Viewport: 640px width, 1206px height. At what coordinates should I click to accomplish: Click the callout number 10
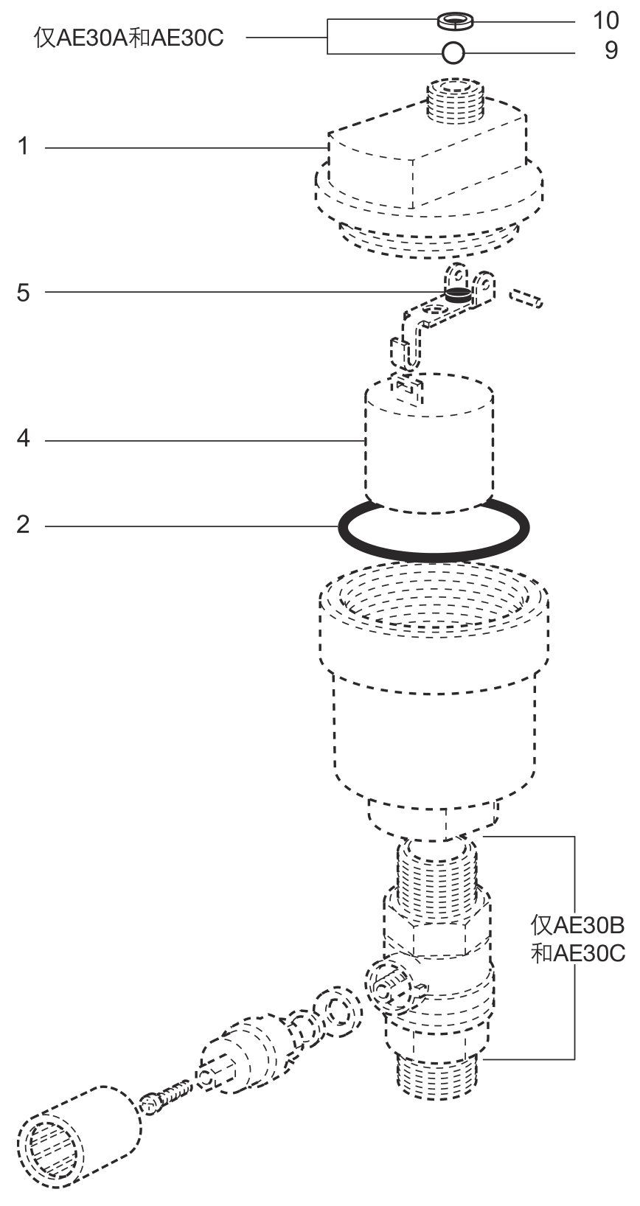click(x=605, y=21)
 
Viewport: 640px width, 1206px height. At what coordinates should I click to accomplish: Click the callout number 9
click(x=611, y=51)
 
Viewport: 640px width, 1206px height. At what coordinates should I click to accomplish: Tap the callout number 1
click(x=23, y=146)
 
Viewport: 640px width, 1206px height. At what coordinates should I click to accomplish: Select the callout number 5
click(x=23, y=293)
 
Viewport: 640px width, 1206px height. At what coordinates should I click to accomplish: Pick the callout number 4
click(x=23, y=439)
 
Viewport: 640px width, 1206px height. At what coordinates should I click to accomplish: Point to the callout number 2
click(x=23, y=524)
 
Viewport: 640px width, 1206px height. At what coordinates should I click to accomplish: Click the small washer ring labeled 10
click(x=455, y=22)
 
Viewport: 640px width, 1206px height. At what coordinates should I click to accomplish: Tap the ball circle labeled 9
click(x=453, y=53)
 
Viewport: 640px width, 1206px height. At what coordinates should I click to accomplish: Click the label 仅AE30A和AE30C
click(x=128, y=38)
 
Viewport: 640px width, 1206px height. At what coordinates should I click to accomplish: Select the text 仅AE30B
click(x=577, y=925)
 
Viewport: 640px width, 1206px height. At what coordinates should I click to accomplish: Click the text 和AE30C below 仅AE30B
click(x=577, y=953)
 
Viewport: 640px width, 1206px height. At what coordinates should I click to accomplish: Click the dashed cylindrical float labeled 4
click(x=429, y=442)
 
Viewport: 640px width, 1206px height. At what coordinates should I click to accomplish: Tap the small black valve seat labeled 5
click(x=456, y=294)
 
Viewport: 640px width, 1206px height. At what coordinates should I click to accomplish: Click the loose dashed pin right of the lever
click(x=526, y=298)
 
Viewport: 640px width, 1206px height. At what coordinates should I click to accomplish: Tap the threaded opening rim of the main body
click(x=434, y=598)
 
